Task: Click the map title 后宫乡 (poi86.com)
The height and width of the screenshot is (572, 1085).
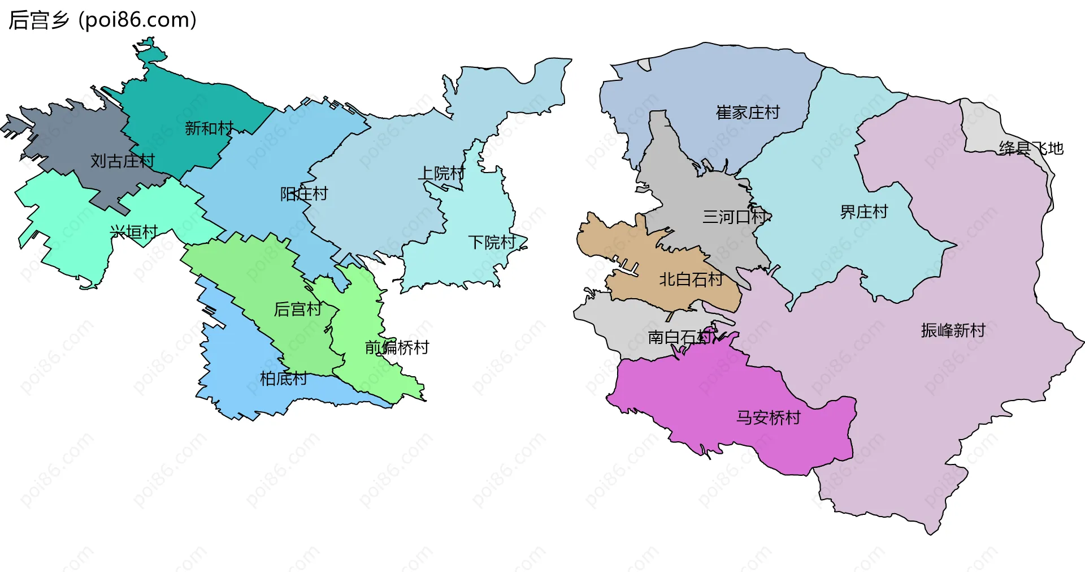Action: pyautogui.click(x=102, y=20)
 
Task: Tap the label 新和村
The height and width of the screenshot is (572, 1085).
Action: pyautogui.click(x=209, y=128)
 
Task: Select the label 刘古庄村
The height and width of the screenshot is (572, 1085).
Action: pyautogui.click(x=123, y=161)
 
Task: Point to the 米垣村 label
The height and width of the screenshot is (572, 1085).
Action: pyautogui.click(x=134, y=232)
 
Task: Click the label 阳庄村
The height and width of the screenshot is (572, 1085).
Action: pyautogui.click(x=304, y=194)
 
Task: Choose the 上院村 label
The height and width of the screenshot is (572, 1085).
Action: pyautogui.click(x=441, y=173)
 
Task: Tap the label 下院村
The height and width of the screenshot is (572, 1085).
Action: pyautogui.click(x=492, y=243)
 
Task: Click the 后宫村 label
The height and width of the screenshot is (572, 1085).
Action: pyautogui.click(x=298, y=309)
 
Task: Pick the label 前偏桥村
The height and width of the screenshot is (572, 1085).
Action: pyautogui.click(x=397, y=347)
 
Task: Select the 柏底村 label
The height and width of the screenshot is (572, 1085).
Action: pyautogui.click(x=284, y=379)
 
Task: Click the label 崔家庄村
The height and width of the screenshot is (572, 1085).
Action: pyautogui.click(x=748, y=113)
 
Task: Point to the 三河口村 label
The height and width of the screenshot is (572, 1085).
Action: pyautogui.click(x=735, y=217)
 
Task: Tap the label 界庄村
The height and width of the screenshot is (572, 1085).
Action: pyautogui.click(x=863, y=212)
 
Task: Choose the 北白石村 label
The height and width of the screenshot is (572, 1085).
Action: pyautogui.click(x=691, y=279)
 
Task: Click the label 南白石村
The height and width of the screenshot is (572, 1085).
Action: pyautogui.click(x=680, y=337)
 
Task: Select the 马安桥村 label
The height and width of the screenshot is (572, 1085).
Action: pyautogui.click(x=769, y=418)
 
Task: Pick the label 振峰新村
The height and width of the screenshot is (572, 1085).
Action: pyautogui.click(x=953, y=330)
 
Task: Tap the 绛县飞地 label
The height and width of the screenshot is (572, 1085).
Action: pyautogui.click(x=1031, y=148)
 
